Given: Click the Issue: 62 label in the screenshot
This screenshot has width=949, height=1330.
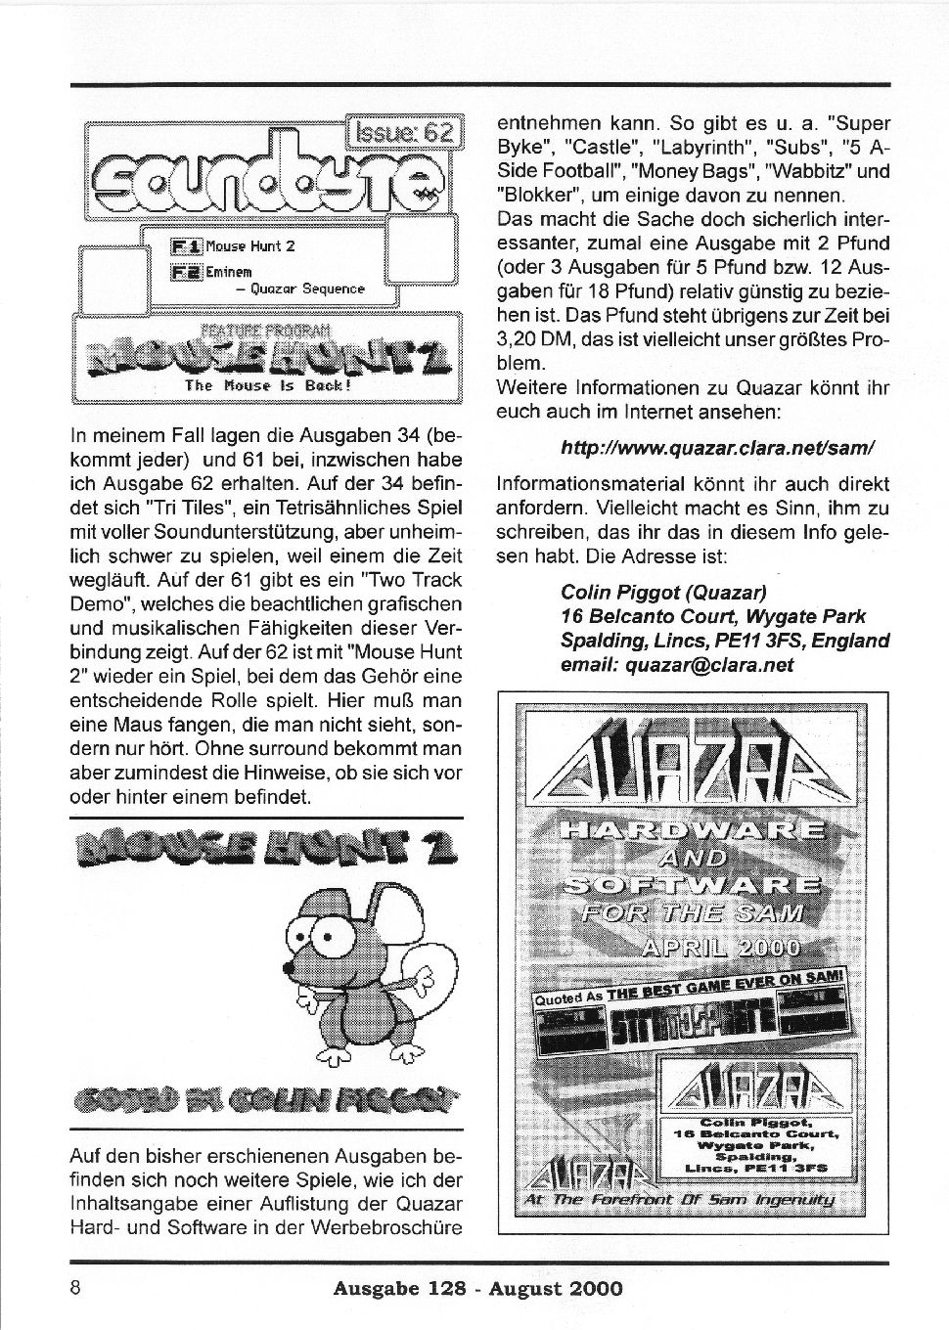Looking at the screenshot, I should tap(404, 132).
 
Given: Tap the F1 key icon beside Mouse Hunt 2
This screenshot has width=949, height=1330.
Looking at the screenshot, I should tap(186, 246).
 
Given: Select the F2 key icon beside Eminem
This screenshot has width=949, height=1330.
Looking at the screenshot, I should tap(186, 272).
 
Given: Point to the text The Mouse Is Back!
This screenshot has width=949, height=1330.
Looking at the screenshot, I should tap(266, 386).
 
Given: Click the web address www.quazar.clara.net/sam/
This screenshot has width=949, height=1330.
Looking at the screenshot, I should tap(717, 447).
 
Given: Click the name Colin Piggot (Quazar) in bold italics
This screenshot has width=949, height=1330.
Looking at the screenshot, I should tap(664, 592).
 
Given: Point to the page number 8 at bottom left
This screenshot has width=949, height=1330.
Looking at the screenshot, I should tap(74, 1287).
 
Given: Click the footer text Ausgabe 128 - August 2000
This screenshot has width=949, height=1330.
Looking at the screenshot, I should tap(477, 1289).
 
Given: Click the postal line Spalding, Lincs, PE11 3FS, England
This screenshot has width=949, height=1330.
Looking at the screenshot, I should tap(724, 641).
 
